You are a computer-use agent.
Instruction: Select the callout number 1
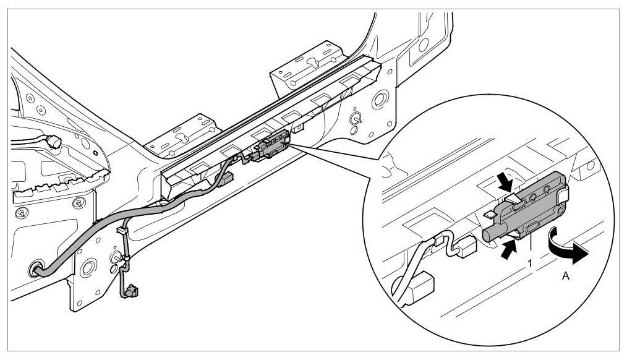(529, 262)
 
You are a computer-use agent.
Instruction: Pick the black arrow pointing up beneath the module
(506, 248)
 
